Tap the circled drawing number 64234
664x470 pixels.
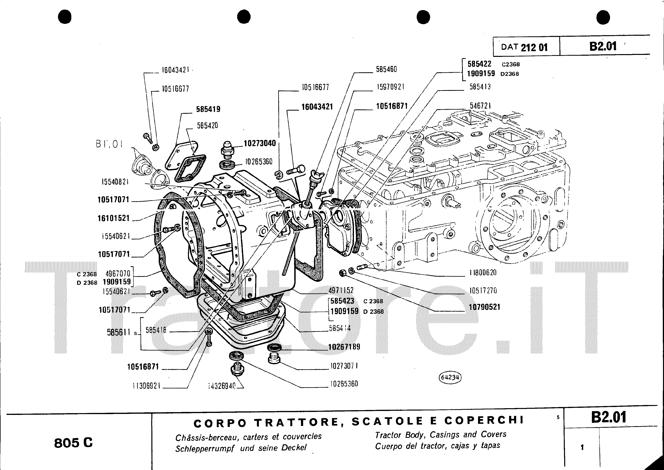click(x=450, y=377)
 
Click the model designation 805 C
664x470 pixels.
click(x=73, y=443)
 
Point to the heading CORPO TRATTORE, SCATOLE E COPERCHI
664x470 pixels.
click(x=358, y=422)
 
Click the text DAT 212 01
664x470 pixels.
click(x=524, y=47)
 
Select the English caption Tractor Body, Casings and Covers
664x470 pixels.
click(x=440, y=434)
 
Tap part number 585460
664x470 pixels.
click(x=386, y=70)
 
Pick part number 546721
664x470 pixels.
click(x=480, y=106)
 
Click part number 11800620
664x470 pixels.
click(x=483, y=272)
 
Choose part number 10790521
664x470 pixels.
click(x=484, y=307)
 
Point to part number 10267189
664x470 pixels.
click(x=344, y=347)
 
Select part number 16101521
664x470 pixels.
click(x=113, y=218)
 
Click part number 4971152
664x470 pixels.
click(x=341, y=290)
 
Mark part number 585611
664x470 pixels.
click(x=119, y=332)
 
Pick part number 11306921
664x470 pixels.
click(x=146, y=386)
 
